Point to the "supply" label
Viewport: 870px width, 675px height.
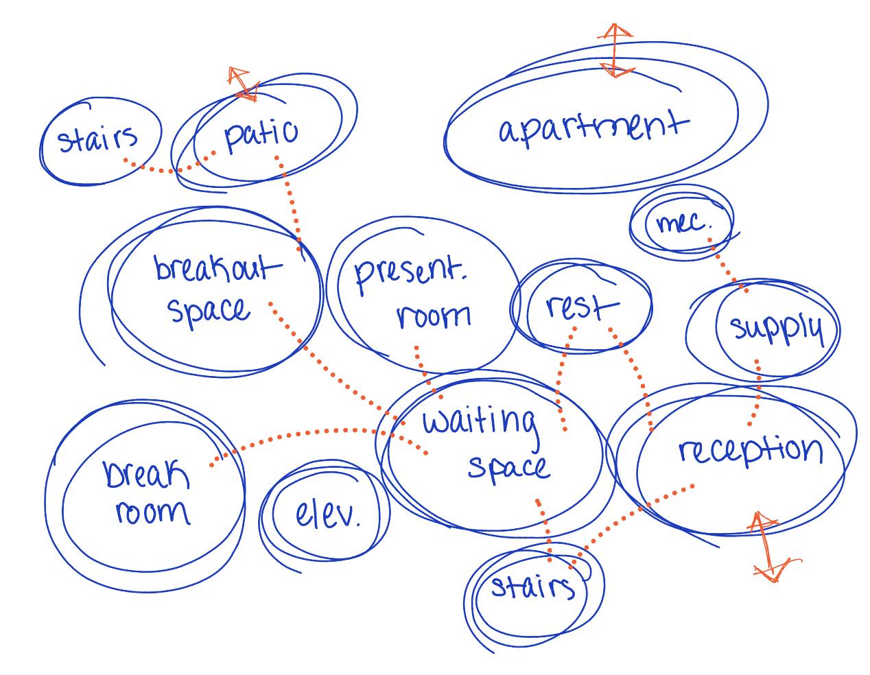[775, 329]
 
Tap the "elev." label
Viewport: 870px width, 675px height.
[327, 514]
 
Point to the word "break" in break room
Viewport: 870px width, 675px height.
[147, 473]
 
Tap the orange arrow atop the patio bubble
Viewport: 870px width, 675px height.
[241, 82]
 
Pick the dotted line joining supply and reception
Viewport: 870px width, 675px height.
[757, 391]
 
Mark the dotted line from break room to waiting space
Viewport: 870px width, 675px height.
[302, 434]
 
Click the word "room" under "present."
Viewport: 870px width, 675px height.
[434, 316]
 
